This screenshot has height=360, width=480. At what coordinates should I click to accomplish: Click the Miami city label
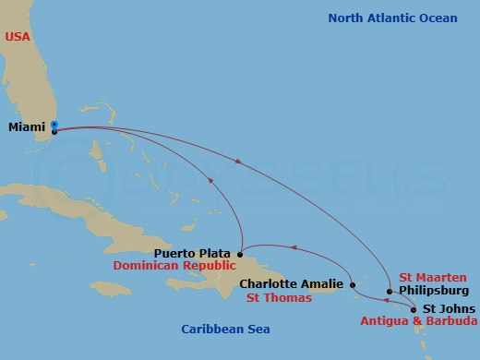pos(27,128)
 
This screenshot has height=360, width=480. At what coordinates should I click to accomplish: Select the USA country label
pos(18,36)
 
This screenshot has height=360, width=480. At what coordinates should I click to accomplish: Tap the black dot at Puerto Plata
pos(240,254)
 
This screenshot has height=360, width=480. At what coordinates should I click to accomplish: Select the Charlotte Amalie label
pos(291,284)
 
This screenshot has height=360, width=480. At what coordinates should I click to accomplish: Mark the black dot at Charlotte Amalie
pos(354,285)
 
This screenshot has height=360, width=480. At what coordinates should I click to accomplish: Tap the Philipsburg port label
pos(433,290)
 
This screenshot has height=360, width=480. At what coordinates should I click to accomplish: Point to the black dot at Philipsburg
pos(390,291)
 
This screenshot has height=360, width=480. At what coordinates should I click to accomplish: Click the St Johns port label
pos(450,308)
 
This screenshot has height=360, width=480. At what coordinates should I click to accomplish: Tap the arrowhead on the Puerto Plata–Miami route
pos(212,181)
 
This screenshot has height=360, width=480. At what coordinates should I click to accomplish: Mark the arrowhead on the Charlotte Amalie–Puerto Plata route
pos(294,246)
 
